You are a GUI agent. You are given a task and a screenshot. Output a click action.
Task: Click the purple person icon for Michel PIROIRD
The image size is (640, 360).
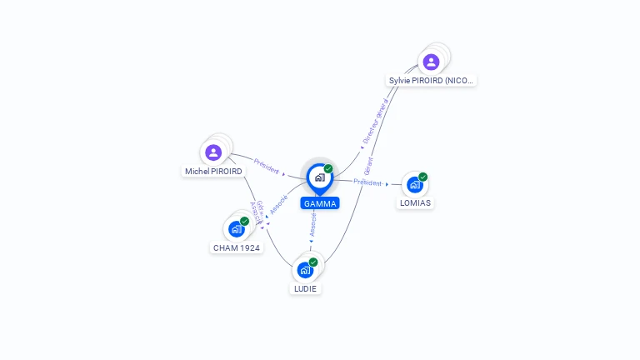[213, 152]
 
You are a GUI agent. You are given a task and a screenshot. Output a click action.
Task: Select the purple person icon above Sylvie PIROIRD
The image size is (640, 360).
[431, 62]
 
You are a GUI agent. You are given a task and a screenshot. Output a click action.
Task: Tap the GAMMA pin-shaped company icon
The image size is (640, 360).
[319, 177]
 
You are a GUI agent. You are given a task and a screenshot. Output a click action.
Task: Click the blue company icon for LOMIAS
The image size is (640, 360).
[414, 185]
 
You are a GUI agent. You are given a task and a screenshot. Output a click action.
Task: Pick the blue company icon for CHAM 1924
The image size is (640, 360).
[237, 229]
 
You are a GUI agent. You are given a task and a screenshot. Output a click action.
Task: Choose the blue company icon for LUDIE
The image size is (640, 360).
[305, 270]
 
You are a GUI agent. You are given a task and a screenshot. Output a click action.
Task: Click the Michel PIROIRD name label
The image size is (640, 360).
[213, 172]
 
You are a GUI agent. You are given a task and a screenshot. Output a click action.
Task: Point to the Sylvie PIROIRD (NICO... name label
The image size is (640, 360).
[432, 81]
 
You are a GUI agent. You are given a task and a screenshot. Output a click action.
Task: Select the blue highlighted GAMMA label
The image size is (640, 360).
[320, 203]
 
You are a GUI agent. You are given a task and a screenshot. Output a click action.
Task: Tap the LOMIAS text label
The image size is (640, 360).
[415, 202]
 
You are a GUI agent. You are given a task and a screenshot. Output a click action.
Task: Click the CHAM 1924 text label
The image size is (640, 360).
[237, 247]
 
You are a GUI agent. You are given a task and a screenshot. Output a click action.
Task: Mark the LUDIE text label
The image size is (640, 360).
[305, 288]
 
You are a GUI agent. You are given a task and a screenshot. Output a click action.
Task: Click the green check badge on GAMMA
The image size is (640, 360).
[328, 168]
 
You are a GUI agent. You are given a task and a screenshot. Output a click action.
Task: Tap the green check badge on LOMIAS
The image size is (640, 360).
[423, 177]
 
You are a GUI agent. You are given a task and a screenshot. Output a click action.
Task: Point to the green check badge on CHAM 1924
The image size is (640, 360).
[245, 221]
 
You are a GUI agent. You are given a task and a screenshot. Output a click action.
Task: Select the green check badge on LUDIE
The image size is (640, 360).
[313, 262]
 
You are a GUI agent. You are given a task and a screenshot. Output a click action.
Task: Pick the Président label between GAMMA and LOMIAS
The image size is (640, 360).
[367, 182]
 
